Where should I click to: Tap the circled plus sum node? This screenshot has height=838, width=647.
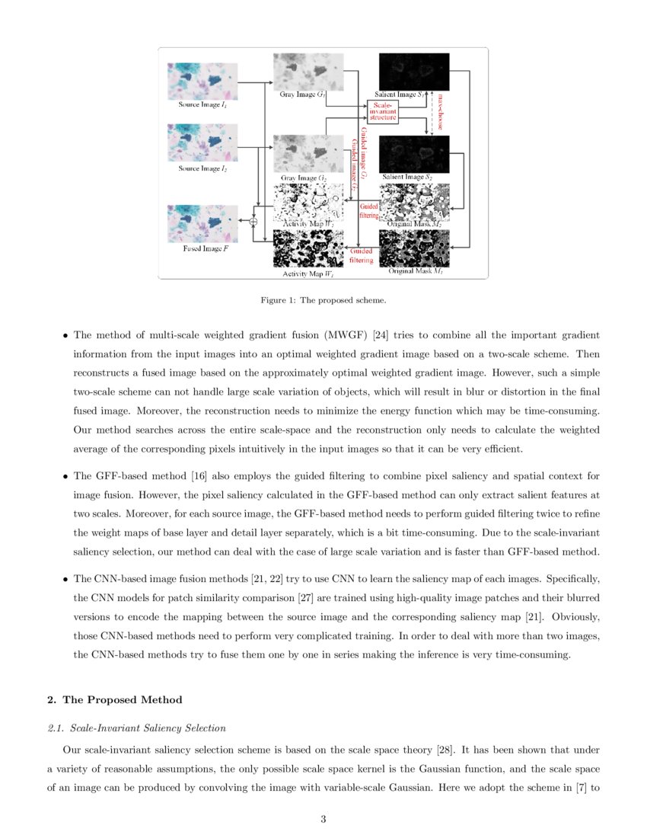253,221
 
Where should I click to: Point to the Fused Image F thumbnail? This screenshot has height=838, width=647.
202,223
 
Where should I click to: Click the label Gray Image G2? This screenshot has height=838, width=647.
303,178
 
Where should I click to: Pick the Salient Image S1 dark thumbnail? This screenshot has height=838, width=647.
414,71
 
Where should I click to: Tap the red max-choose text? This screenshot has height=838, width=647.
440,111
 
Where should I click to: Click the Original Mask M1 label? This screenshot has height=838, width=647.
415,271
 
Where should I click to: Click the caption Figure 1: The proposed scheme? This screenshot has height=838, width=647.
323,300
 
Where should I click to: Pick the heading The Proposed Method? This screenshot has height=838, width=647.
123,699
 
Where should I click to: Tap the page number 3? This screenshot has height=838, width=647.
323,820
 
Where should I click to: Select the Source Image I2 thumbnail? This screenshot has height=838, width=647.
202,143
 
